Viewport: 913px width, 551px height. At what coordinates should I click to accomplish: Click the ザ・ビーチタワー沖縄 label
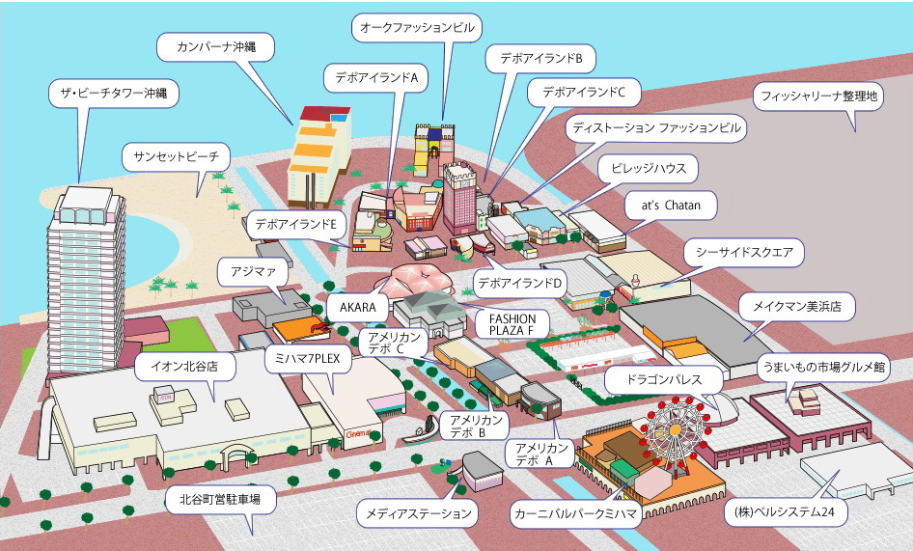click(114, 93)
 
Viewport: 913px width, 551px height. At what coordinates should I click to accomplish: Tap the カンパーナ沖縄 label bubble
click(215, 47)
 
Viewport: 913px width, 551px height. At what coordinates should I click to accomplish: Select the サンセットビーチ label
click(176, 156)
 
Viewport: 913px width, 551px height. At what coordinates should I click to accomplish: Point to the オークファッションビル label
click(417, 28)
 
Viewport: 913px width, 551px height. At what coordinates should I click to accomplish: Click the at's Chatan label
click(671, 206)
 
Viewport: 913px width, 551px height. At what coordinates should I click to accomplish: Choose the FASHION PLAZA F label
click(512, 324)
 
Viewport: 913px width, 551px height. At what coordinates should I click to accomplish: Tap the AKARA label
click(357, 307)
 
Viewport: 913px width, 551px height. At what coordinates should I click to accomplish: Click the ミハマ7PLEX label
click(307, 359)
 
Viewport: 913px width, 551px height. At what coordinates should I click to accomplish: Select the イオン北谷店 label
click(184, 367)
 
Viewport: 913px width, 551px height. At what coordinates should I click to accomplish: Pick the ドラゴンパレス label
click(664, 380)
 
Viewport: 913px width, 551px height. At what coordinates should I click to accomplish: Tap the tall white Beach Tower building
click(86, 280)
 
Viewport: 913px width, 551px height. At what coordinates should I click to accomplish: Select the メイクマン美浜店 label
click(796, 306)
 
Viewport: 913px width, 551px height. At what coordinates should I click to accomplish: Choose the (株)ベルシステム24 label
click(785, 512)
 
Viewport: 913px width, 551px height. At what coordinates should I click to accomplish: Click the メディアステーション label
click(418, 513)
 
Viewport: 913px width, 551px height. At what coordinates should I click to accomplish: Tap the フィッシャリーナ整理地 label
click(818, 96)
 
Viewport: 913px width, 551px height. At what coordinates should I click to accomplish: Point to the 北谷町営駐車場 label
click(220, 499)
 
